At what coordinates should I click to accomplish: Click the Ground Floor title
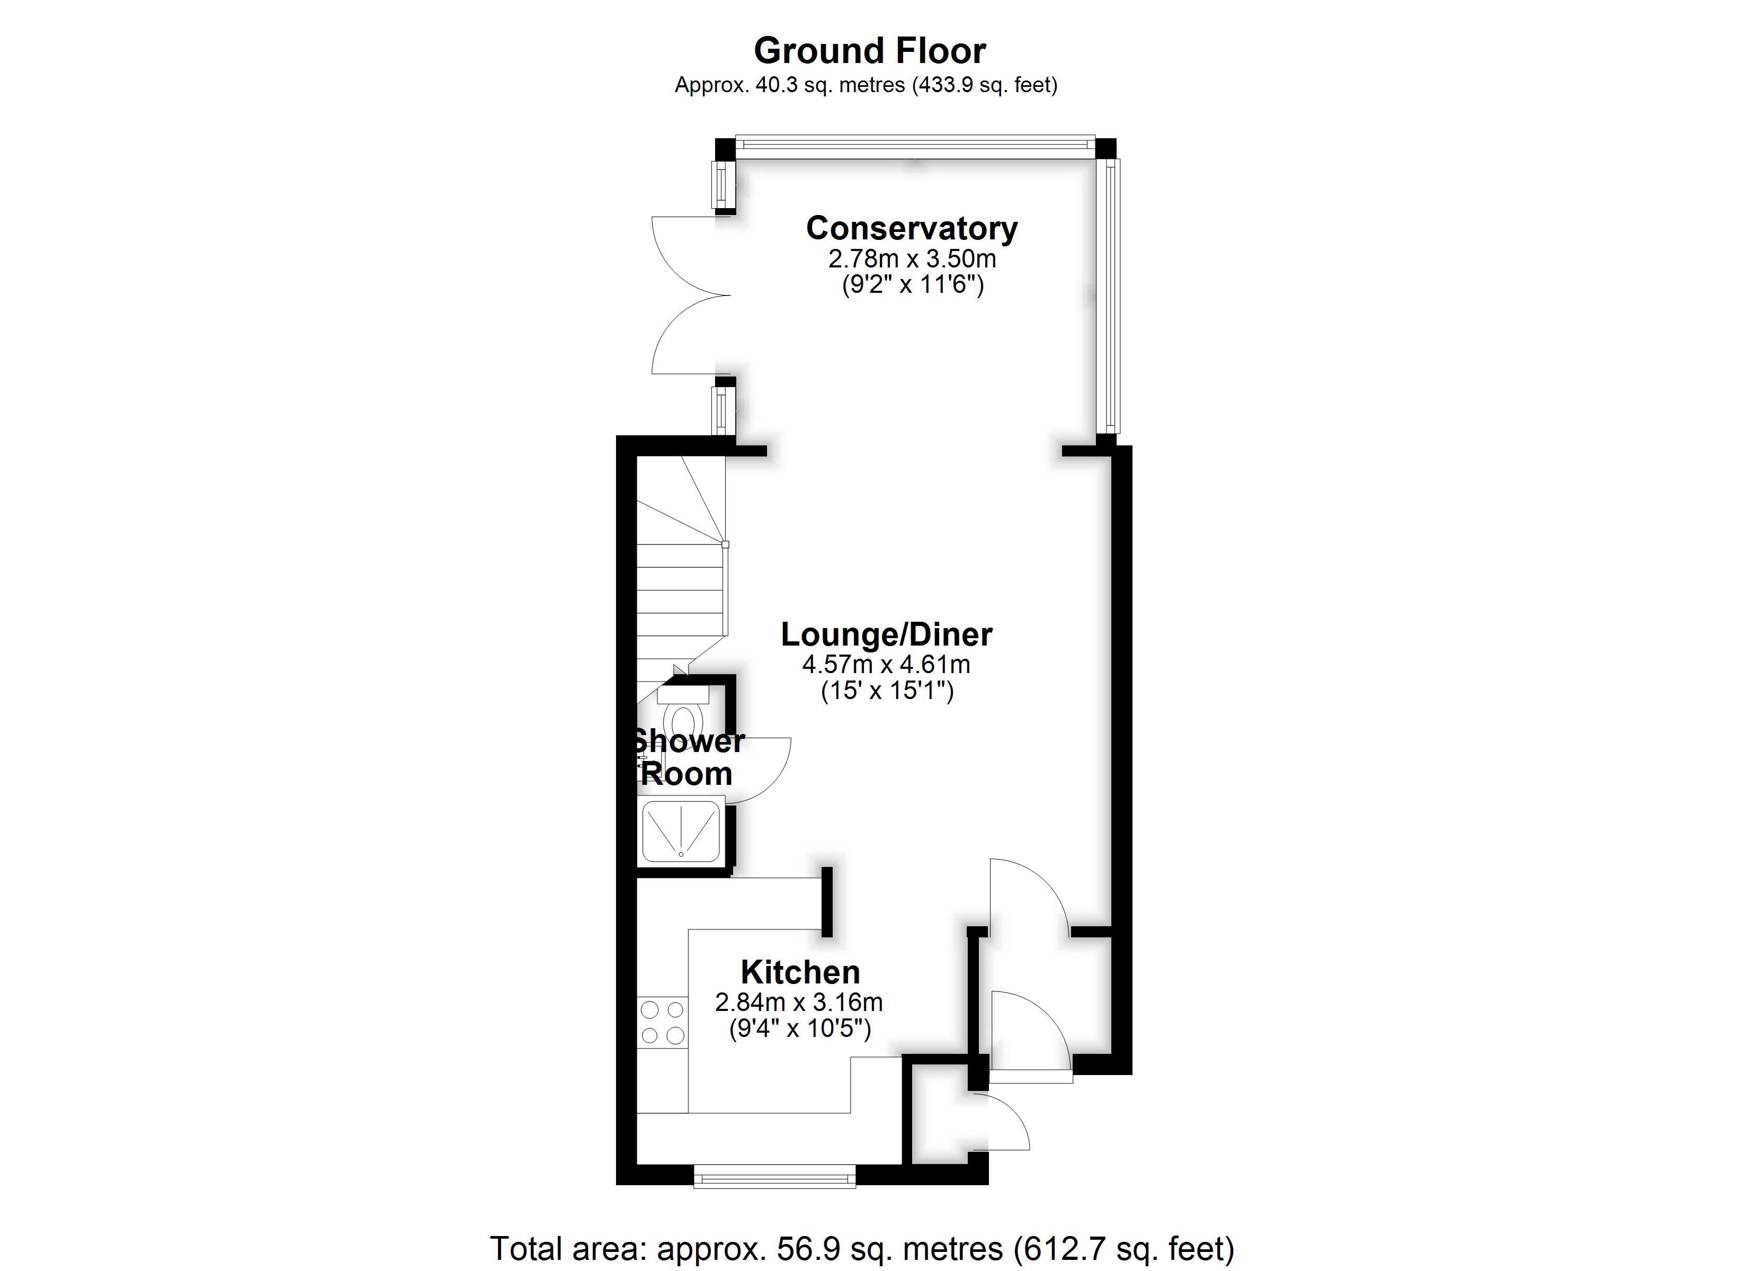coord(869,51)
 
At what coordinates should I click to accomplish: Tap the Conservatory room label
coord(912,228)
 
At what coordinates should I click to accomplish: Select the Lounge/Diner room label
coord(886,634)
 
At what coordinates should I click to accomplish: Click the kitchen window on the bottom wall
coord(774,1177)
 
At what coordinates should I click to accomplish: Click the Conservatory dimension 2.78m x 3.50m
coord(912,258)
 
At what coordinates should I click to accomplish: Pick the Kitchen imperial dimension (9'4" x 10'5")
coord(800,1028)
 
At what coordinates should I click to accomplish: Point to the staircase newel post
coord(725,544)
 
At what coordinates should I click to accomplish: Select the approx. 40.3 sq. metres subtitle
coord(866,85)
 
